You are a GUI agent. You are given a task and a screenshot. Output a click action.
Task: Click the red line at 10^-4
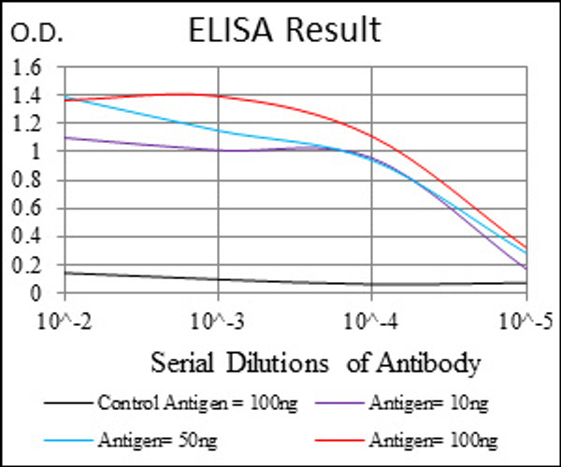[x=372, y=136]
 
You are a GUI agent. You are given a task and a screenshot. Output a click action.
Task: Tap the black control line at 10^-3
[x=218, y=279]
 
